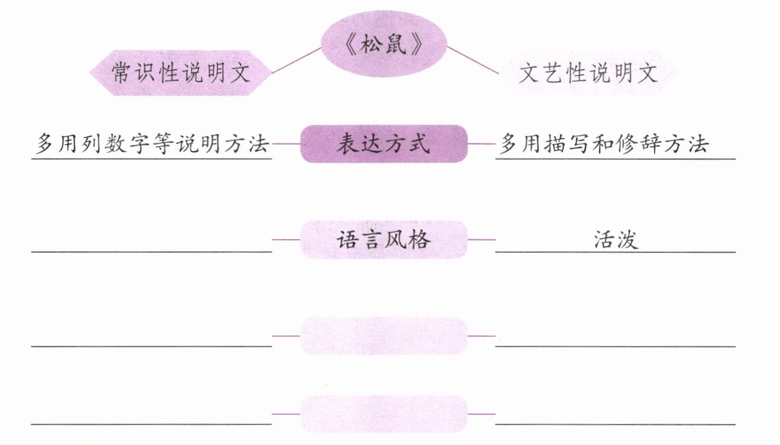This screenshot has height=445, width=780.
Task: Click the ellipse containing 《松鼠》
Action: (384, 46)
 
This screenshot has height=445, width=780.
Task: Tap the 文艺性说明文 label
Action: (588, 73)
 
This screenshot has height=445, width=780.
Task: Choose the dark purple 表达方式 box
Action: (384, 144)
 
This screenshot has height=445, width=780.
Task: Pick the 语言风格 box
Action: (384, 240)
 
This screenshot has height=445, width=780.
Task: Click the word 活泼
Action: (616, 239)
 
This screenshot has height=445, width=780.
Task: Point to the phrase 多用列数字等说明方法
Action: (152, 144)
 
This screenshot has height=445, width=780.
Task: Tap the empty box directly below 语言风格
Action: (384, 336)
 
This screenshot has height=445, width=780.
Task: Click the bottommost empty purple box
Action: (384, 413)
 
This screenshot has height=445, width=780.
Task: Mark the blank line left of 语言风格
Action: (152, 251)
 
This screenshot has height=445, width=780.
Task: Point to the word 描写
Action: (561, 144)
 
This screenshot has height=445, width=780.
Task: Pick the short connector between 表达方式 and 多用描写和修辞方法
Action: (481, 144)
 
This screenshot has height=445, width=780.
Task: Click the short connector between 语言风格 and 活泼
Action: (481, 240)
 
